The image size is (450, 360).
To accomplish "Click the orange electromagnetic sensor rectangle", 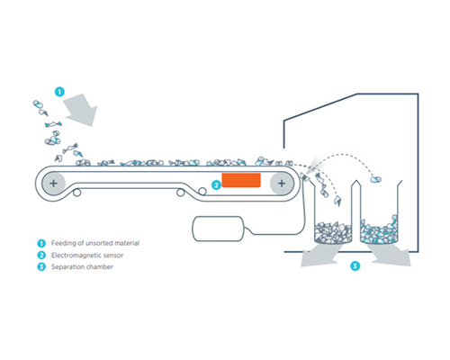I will click(240, 181).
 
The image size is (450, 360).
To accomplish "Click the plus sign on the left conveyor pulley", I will click(54, 183).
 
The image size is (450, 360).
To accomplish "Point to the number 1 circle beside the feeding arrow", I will click(58, 91).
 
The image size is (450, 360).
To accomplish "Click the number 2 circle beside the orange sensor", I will click(216, 184).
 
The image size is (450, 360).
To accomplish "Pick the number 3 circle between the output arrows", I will click(355, 265).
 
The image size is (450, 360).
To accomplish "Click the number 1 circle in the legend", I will click(41, 243).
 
